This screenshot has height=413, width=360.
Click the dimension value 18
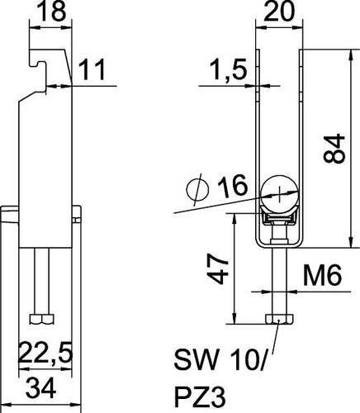point(51,11)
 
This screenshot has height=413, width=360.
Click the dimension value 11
point(92,69)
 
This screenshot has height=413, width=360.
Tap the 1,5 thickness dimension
point(228,69)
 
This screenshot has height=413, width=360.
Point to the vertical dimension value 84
point(334,149)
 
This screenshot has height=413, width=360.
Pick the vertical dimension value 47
point(217,268)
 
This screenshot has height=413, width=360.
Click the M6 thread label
point(322,275)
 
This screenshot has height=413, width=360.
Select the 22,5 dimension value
point(45,353)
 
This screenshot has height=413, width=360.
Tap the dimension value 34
point(42,389)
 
